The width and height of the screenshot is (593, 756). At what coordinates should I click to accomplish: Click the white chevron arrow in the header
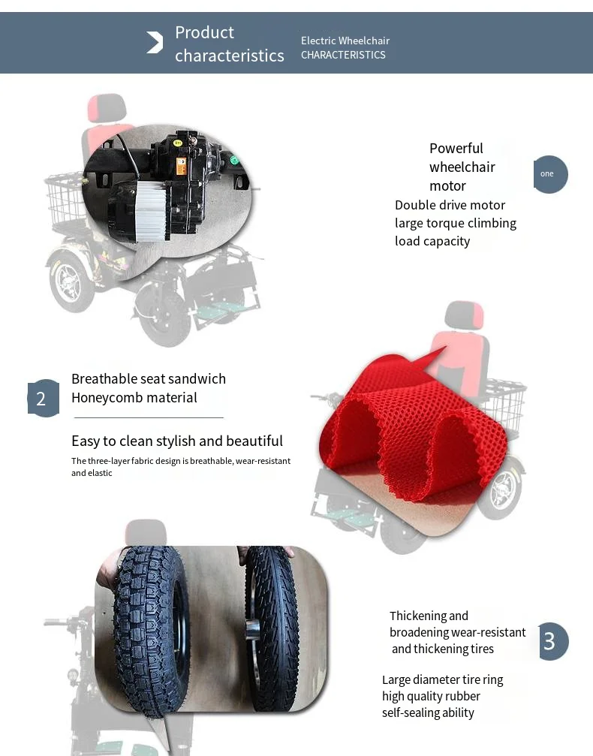(x=155, y=43)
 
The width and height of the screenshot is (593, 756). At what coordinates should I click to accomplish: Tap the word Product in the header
(x=204, y=32)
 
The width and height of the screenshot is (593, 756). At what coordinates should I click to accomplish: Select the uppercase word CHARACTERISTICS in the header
(x=343, y=55)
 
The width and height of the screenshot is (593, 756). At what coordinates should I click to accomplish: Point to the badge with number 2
(x=43, y=398)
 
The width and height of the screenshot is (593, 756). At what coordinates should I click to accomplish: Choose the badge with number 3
(x=551, y=641)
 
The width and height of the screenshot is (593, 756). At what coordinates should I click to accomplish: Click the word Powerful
(x=456, y=148)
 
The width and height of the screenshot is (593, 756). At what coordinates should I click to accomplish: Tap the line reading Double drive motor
(x=450, y=205)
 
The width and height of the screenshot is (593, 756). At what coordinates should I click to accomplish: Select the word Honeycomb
(x=106, y=397)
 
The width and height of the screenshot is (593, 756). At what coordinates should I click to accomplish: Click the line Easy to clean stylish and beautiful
(x=176, y=441)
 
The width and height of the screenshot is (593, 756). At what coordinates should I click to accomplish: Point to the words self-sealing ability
(x=428, y=712)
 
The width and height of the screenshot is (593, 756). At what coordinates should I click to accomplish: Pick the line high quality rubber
(x=431, y=696)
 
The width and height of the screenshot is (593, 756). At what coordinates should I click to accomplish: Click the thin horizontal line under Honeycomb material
(x=149, y=417)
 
